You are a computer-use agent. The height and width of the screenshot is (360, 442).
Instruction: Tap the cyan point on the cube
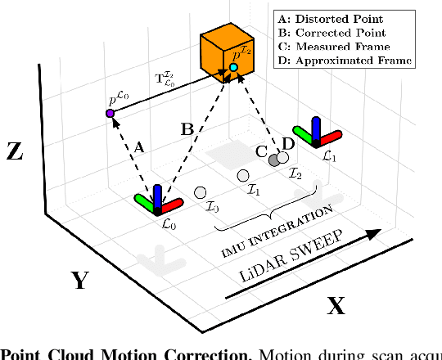[233, 66]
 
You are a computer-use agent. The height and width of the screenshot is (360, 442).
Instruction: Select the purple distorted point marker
[110, 112]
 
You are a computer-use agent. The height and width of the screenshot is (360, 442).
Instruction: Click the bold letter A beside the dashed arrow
[138, 147]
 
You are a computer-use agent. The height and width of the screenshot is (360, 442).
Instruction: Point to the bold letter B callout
[188, 128]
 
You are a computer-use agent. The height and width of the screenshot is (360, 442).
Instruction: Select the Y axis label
[79, 281]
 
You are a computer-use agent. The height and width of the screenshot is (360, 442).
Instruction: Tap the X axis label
[336, 307]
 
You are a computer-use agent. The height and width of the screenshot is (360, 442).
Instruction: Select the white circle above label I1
[242, 176]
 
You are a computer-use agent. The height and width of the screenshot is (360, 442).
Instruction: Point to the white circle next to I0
[200, 193]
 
